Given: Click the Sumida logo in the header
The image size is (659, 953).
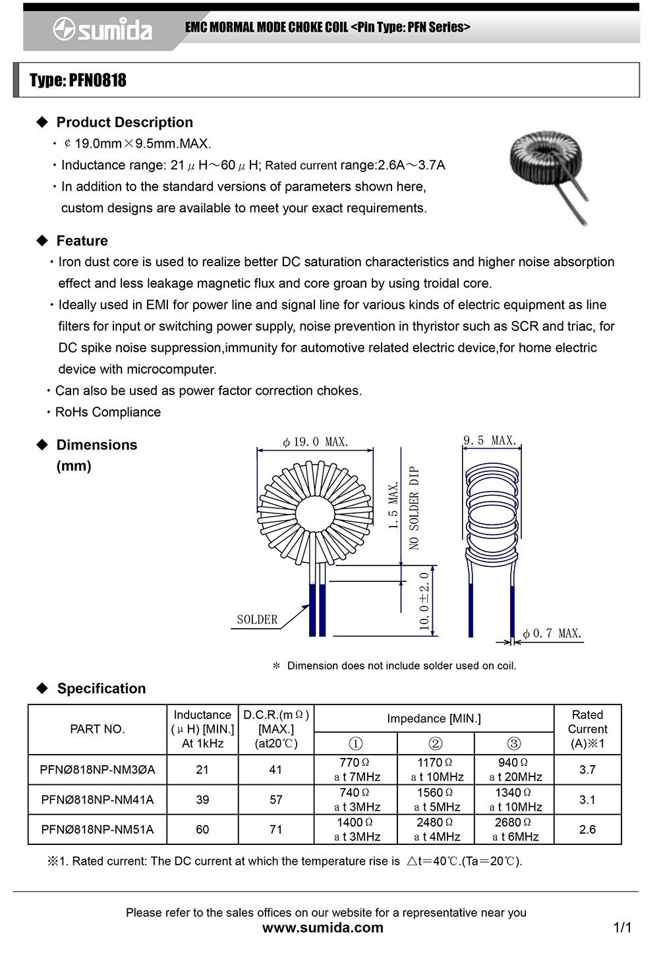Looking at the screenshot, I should [x=103, y=29].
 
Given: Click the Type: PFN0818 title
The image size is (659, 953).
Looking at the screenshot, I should [x=78, y=80].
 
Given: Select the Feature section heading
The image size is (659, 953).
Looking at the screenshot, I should [x=82, y=241].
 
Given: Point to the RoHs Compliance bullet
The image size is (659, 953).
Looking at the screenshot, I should [x=108, y=412].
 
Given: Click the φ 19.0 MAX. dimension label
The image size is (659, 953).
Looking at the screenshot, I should [x=315, y=442].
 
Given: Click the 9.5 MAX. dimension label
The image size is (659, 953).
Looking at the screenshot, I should [x=490, y=440].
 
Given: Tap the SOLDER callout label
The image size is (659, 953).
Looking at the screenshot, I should [x=257, y=620].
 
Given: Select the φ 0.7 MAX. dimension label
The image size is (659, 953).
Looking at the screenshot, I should [x=552, y=633].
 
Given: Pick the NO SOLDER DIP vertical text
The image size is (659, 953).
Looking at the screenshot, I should [x=414, y=507].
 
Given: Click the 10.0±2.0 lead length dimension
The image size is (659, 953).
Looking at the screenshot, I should [x=425, y=600].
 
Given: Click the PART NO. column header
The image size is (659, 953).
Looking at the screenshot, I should [x=98, y=729].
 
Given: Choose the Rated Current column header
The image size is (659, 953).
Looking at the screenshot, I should [x=587, y=729].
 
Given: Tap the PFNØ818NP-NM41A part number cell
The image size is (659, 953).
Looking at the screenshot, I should [x=98, y=799].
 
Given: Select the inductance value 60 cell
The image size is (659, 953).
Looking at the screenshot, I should [x=202, y=829].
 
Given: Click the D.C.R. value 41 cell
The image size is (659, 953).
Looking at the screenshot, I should [x=275, y=769].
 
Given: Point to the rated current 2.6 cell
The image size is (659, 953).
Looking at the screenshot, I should [x=587, y=829].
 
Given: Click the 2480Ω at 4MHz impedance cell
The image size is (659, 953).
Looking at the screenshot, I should [x=436, y=829].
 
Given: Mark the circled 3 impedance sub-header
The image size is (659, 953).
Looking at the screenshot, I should [x=514, y=743].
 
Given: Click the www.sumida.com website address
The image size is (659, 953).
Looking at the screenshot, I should [x=323, y=928].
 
